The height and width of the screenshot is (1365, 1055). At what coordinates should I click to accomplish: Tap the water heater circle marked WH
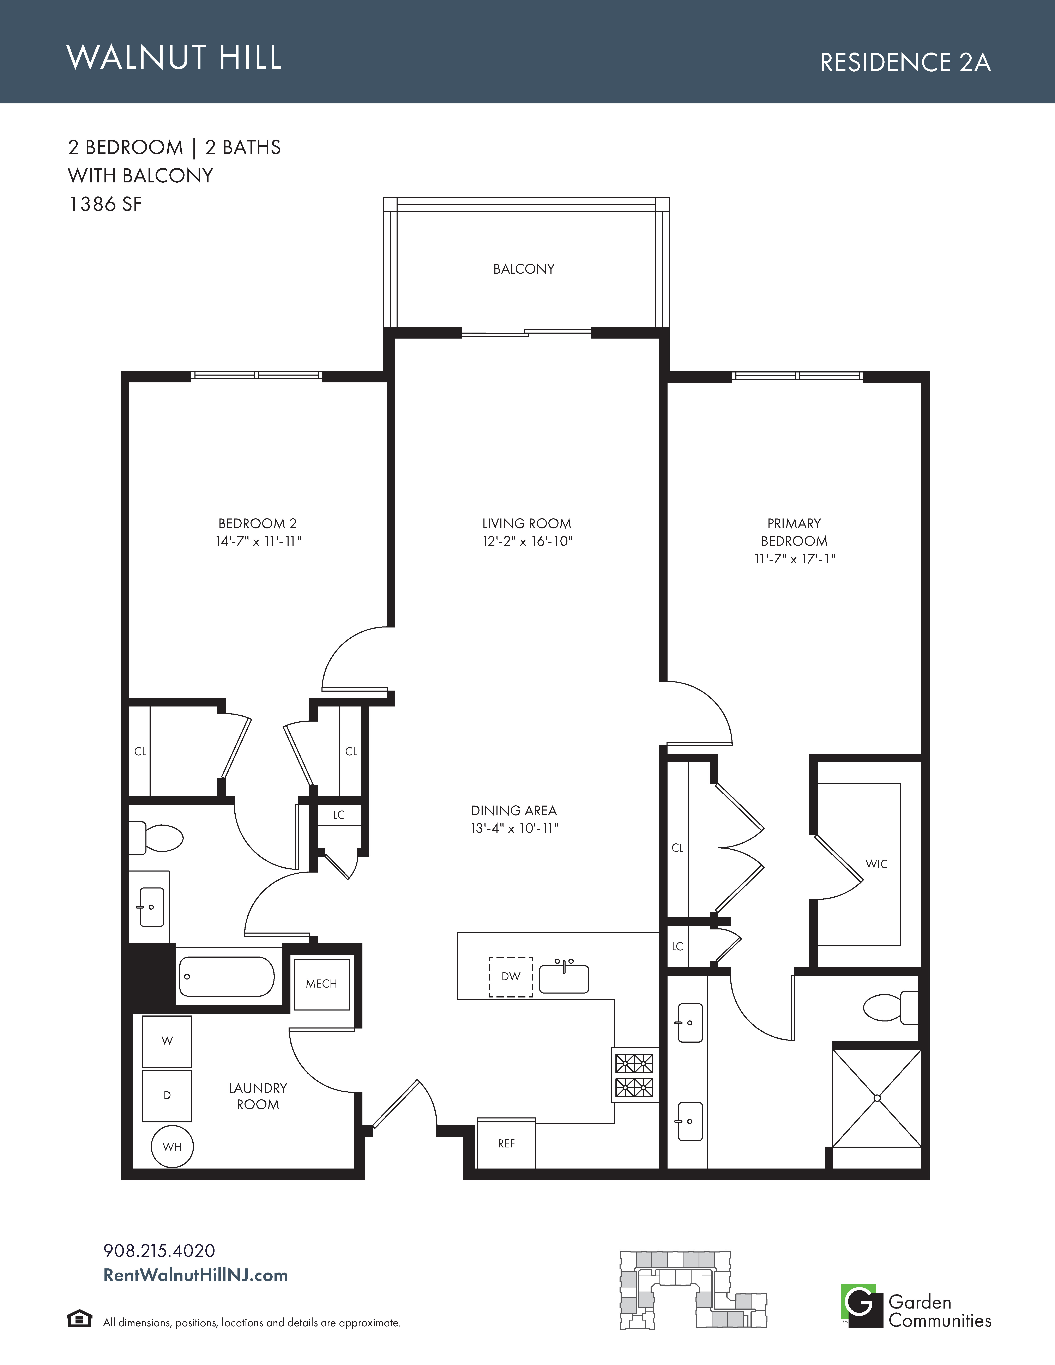(172, 1147)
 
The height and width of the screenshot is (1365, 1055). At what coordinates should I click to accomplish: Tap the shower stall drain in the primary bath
(877, 1098)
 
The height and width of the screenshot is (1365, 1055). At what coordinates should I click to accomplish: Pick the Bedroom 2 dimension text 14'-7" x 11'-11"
(258, 541)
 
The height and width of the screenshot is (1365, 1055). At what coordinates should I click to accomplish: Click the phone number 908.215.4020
(159, 1251)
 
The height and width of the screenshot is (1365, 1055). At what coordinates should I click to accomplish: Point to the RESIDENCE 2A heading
(905, 62)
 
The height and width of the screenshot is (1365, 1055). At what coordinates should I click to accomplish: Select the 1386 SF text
(105, 204)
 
